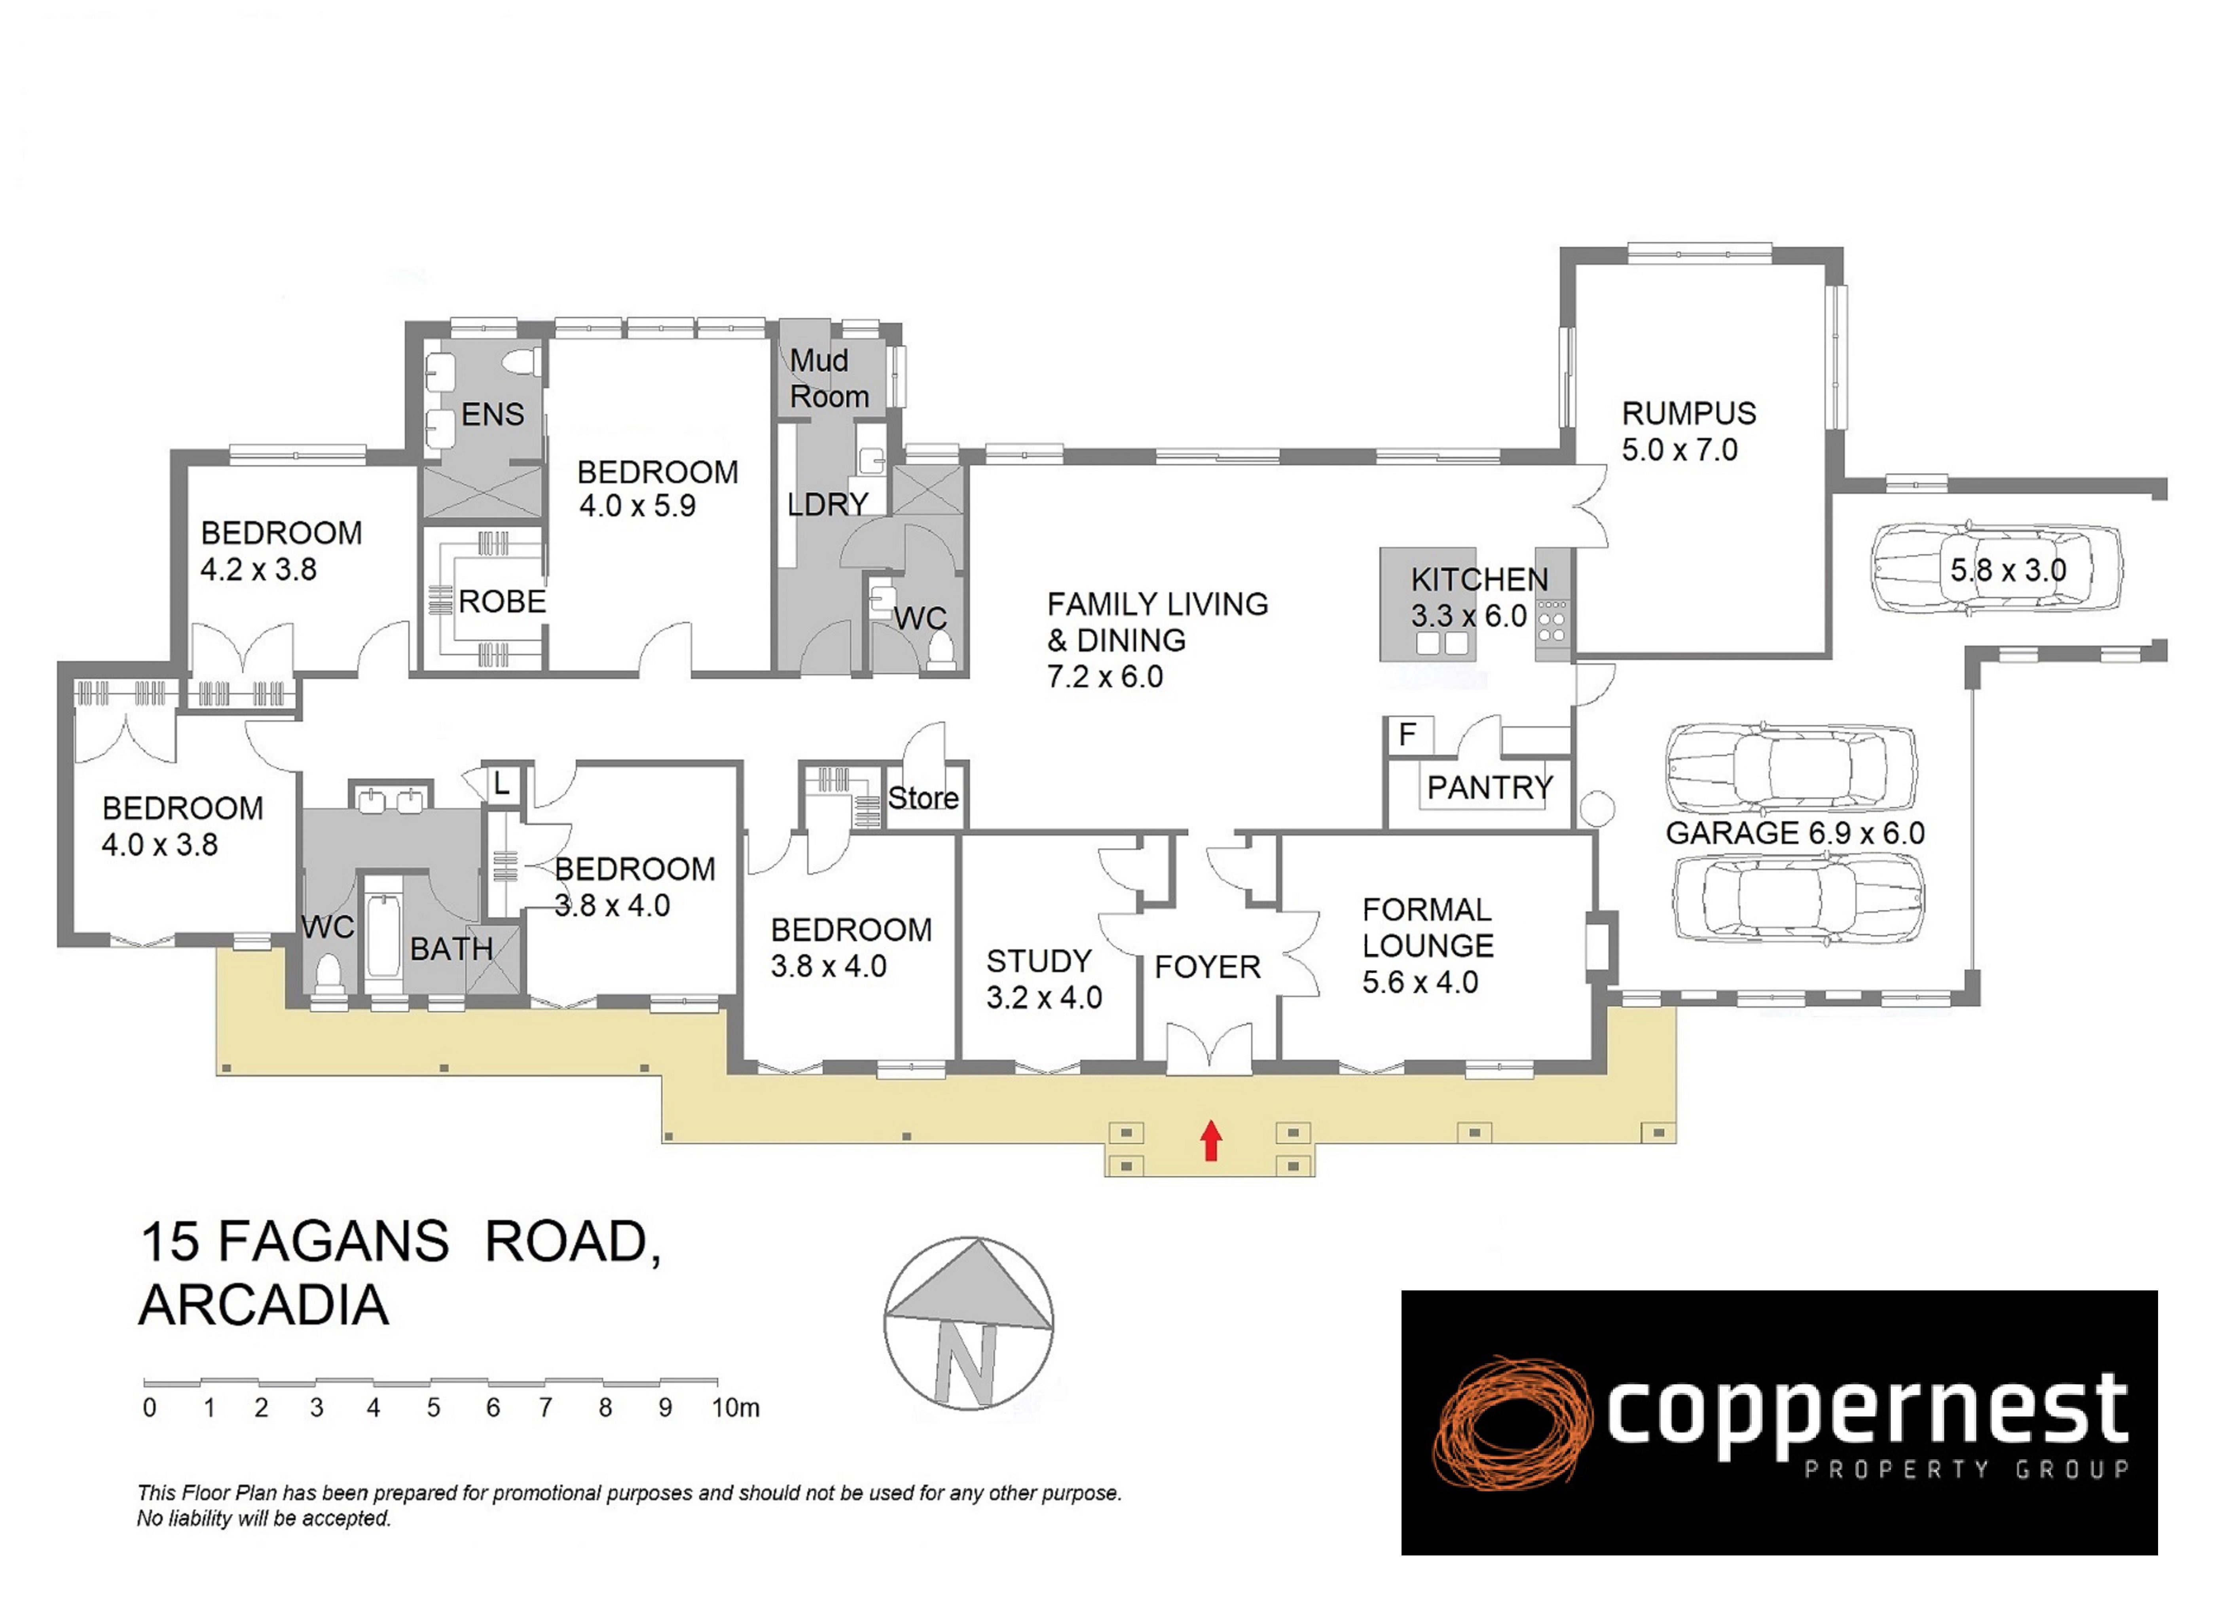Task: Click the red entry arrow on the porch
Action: click(x=1211, y=1140)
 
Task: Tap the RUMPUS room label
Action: click(x=1689, y=413)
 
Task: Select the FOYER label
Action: click(x=1208, y=967)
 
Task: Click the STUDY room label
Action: click(x=1039, y=961)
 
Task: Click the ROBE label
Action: click(x=501, y=601)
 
